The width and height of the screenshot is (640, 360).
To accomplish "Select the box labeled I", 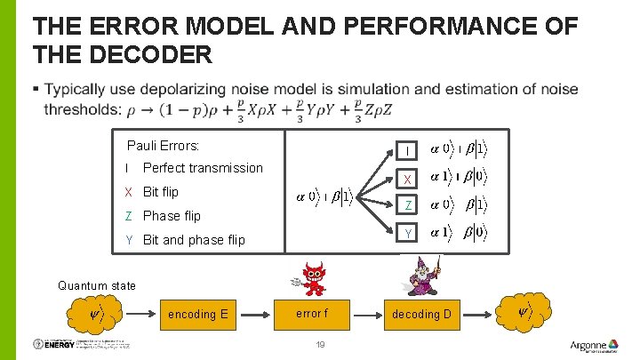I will click(x=406, y=149).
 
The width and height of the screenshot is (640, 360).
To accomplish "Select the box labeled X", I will click(x=406, y=178).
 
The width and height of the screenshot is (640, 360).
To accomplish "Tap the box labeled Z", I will click(x=406, y=205).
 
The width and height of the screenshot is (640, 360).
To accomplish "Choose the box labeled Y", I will click(x=406, y=233).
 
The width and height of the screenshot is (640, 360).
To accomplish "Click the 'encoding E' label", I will click(x=198, y=314).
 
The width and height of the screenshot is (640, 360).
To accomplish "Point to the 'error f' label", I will click(x=312, y=313).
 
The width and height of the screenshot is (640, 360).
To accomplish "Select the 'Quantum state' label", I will click(x=97, y=285).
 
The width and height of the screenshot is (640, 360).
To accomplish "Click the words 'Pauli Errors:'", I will click(x=163, y=145).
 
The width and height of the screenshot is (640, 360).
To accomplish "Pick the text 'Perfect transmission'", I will click(x=203, y=168).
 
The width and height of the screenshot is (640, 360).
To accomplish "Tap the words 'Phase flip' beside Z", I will click(x=172, y=216).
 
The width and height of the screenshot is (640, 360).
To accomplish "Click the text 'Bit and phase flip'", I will click(x=193, y=240).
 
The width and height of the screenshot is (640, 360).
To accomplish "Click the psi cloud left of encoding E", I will click(x=97, y=313).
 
